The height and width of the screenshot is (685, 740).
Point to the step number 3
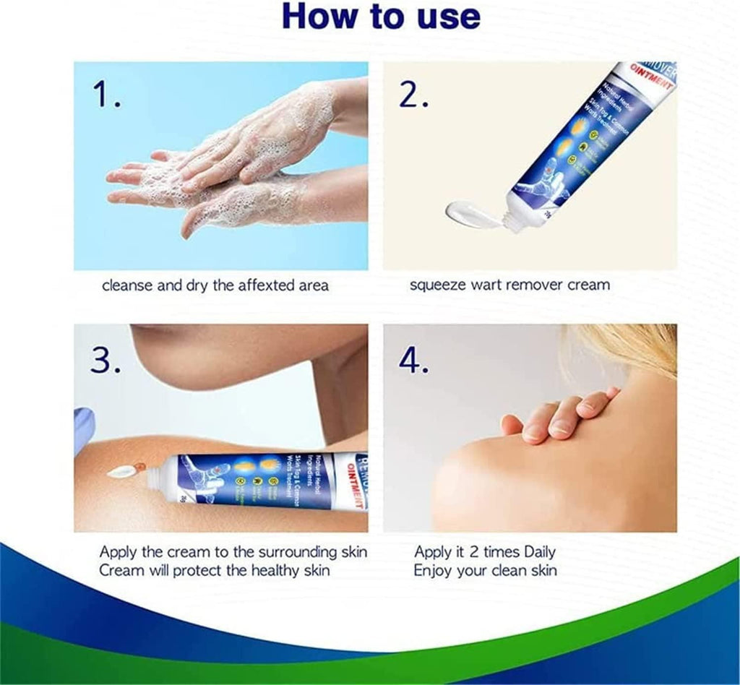(x=106, y=359)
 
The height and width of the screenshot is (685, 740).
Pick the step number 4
(x=416, y=360)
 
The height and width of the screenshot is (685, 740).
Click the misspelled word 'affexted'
(x=238, y=285)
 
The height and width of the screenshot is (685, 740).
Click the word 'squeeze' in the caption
(x=436, y=285)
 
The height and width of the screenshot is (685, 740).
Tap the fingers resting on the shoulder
(x=564, y=415)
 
